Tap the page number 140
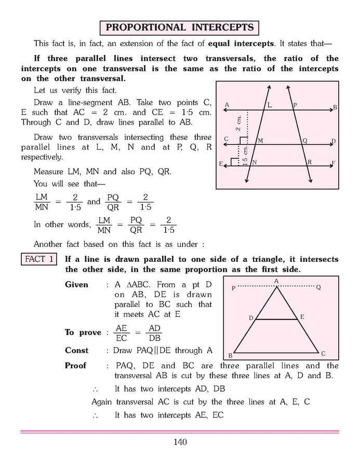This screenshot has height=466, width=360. click(180, 442)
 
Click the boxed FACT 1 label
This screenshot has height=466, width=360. click(38, 259)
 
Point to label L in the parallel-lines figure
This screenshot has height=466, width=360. click(270, 105)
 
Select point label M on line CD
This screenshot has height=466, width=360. click(260, 141)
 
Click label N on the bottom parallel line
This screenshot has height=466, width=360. click(255, 162)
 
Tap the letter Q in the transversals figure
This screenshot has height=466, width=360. click(305, 141)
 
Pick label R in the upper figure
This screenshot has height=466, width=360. click(310, 162)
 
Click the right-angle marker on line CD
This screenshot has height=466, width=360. click(243, 140)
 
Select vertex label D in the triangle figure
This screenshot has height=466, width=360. click(250, 317)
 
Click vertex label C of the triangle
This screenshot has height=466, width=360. click(323, 353)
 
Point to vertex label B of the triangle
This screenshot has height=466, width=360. click(230, 355)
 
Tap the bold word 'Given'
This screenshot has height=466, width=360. click(76, 285)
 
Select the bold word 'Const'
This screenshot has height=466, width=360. click(76, 350)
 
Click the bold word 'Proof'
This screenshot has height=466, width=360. click(76, 366)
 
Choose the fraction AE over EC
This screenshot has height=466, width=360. click(122, 332)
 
